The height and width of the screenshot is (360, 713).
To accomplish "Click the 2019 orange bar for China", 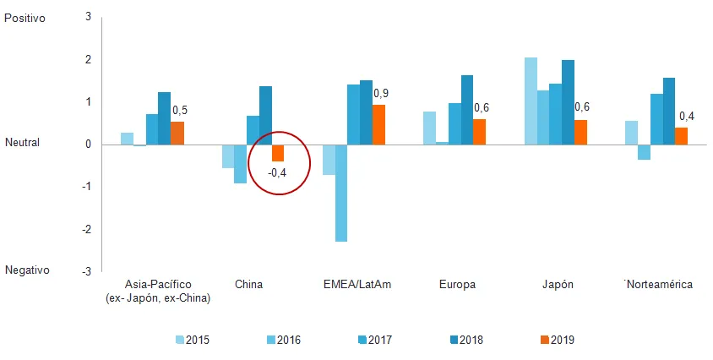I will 277,152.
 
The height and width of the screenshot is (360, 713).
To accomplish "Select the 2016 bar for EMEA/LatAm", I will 341,193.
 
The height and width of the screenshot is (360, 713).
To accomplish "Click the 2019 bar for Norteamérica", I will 681,135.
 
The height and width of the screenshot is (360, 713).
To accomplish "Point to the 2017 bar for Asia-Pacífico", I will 151,128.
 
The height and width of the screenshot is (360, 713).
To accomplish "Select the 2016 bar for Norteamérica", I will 644,151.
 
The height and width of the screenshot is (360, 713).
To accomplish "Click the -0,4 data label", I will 278,173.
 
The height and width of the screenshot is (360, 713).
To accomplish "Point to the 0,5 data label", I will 180,110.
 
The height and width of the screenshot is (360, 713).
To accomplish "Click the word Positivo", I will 25,17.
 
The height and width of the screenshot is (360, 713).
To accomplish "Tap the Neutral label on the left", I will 23,143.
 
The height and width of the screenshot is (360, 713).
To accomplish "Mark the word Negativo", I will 27,270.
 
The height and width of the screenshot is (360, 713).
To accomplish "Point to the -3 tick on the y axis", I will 87,271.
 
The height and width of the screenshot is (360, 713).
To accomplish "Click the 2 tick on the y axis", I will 89,59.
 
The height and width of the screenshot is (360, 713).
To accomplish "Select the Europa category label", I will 457,284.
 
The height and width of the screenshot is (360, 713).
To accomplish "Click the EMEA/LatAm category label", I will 358,284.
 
